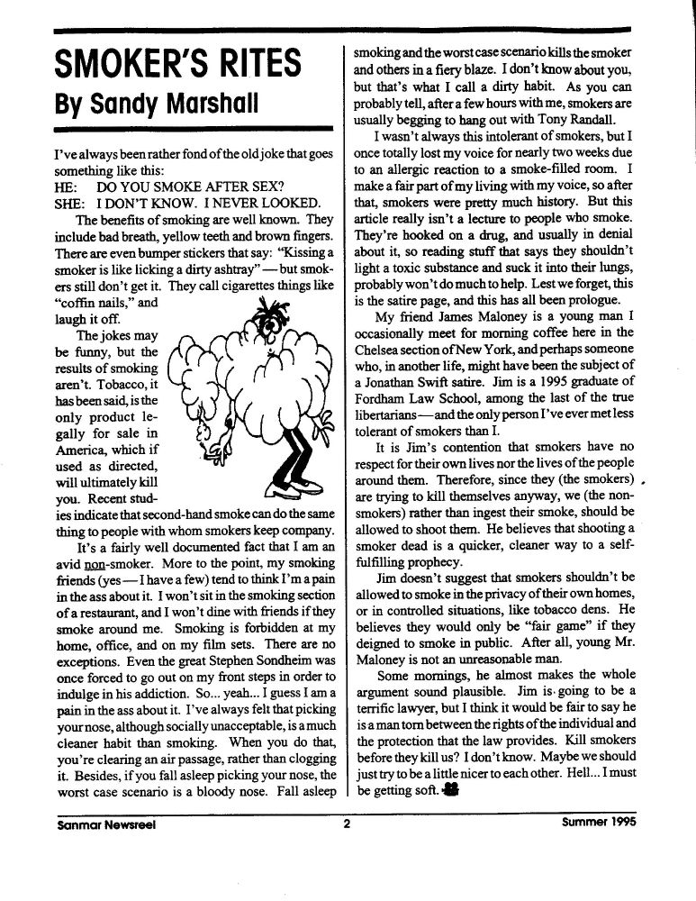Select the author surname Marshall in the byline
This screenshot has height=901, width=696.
(198, 103)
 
